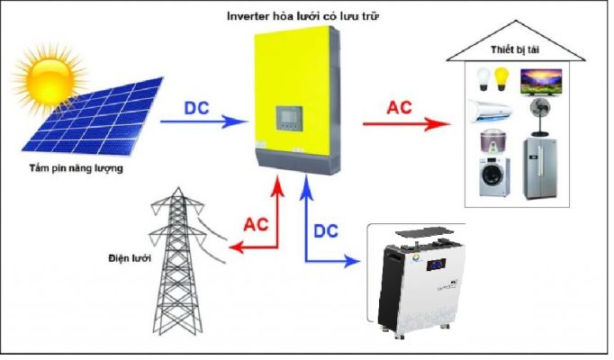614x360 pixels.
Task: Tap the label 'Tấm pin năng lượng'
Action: tap(76, 168)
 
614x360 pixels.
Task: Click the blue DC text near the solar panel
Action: tap(196, 108)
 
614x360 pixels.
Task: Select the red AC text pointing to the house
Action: tap(400, 108)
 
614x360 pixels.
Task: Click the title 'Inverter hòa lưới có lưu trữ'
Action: tap(302, 16)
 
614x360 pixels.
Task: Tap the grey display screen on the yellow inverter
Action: tap(289, 118)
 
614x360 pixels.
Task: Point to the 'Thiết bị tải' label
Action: tap(515, 50)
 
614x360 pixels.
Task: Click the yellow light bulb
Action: tap(501, 79)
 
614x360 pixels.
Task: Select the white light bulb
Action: tap(483, 79)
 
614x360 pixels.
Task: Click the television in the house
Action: tap(541, 82)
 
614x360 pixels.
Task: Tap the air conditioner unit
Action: tap(491, 111)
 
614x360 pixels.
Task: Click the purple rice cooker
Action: tap(493, 143)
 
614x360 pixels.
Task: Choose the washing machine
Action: tap(494, 177)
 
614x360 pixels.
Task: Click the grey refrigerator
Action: tap(540, 168)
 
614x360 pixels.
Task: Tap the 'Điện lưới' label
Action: tap(130, 258)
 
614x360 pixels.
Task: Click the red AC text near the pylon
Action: tap(256, 225)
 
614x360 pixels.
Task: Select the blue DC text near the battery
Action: tap(326, 231)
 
